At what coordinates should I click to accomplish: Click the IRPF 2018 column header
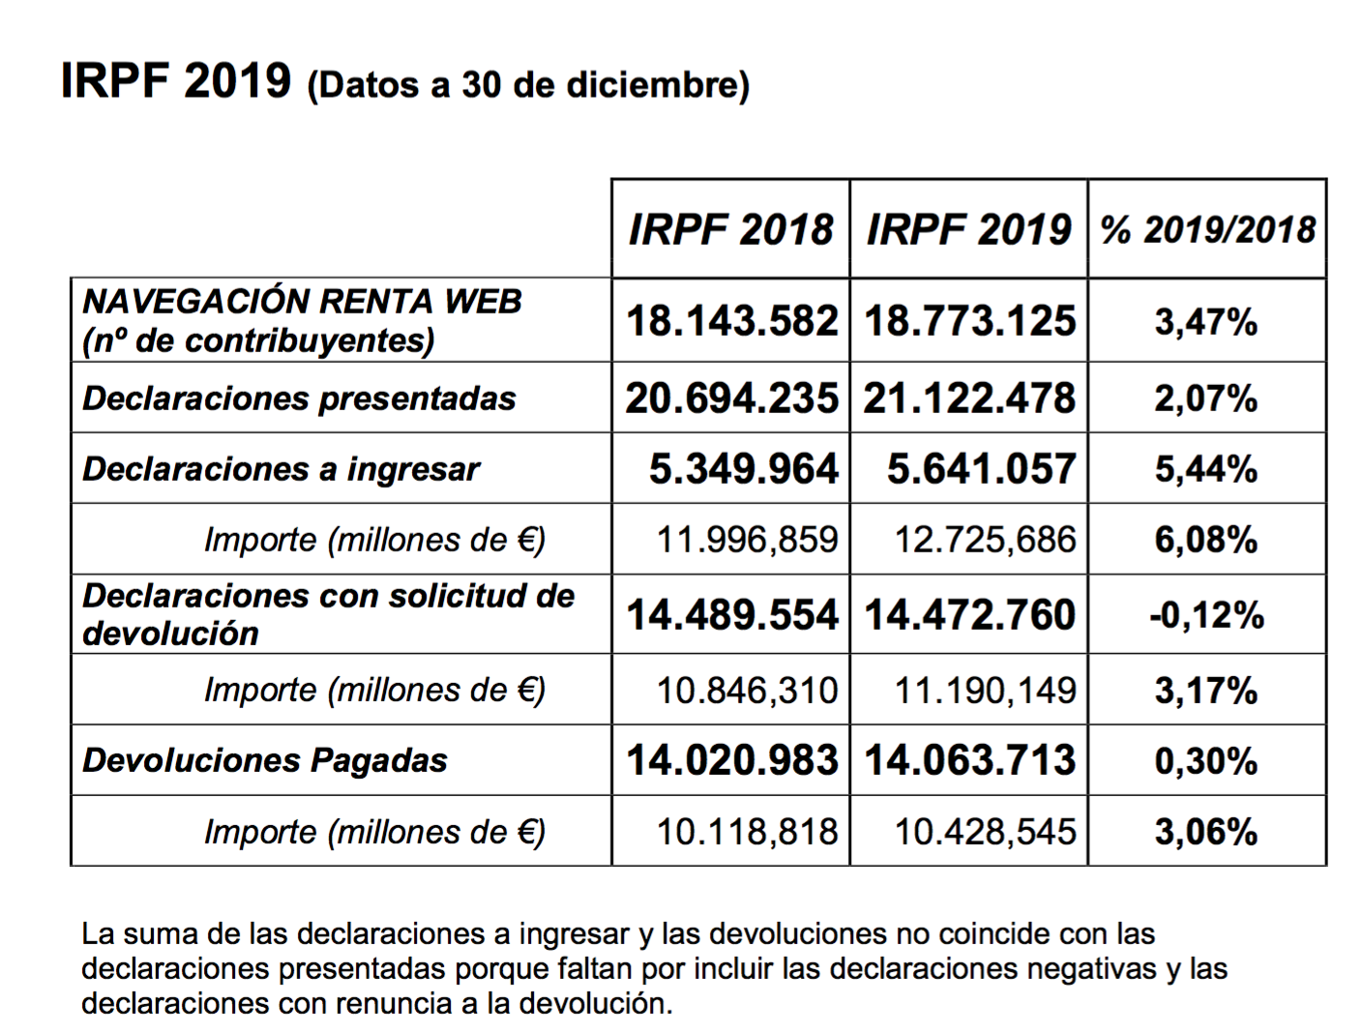tap(730, 230)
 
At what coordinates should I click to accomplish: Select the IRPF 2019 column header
tap(968, 230)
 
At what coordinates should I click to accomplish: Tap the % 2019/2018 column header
tap(1207, 230)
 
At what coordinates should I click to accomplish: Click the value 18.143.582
tap(731, 321)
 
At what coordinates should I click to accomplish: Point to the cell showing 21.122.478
tap(969, 399)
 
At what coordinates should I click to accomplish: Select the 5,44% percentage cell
tap(1206, 469)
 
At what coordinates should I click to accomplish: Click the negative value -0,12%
tap(1206, 615)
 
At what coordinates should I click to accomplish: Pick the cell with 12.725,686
tap(985, 540)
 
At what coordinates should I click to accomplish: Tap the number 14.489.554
tap(731, 615)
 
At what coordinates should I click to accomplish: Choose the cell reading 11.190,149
tap(985, 691)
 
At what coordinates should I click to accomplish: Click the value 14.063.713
tap(969, 760)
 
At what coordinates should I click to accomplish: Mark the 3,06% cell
tap(1206, 832)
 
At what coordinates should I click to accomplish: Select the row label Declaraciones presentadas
tap(299, 399)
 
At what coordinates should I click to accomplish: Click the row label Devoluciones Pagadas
tap(265, 760)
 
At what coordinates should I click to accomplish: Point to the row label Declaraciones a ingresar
tap(281, 469)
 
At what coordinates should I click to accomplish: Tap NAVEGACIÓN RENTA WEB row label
tap(302, 302)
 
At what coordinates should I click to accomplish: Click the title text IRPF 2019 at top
tap(175, 80)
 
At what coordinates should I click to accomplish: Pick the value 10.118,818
tap(747, 832)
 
